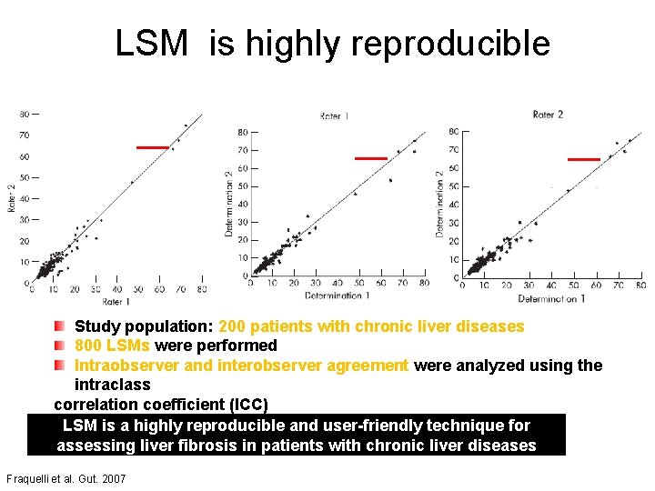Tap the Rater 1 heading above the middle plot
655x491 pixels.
point(335,116)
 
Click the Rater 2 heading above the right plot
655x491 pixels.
point(548,115)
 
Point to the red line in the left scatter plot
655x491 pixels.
point(152,146)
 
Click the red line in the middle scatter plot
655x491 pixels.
point(370,158)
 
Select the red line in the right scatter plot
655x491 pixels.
point(583,159)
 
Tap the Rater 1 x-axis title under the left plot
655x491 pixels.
point(117,301)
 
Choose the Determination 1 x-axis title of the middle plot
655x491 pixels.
point(337,296)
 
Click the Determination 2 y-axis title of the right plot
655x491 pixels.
point(439,204)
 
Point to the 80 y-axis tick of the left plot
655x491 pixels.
point(24,114)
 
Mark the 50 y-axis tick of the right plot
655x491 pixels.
point(453,186)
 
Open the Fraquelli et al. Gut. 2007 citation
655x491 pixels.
point(65,478)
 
